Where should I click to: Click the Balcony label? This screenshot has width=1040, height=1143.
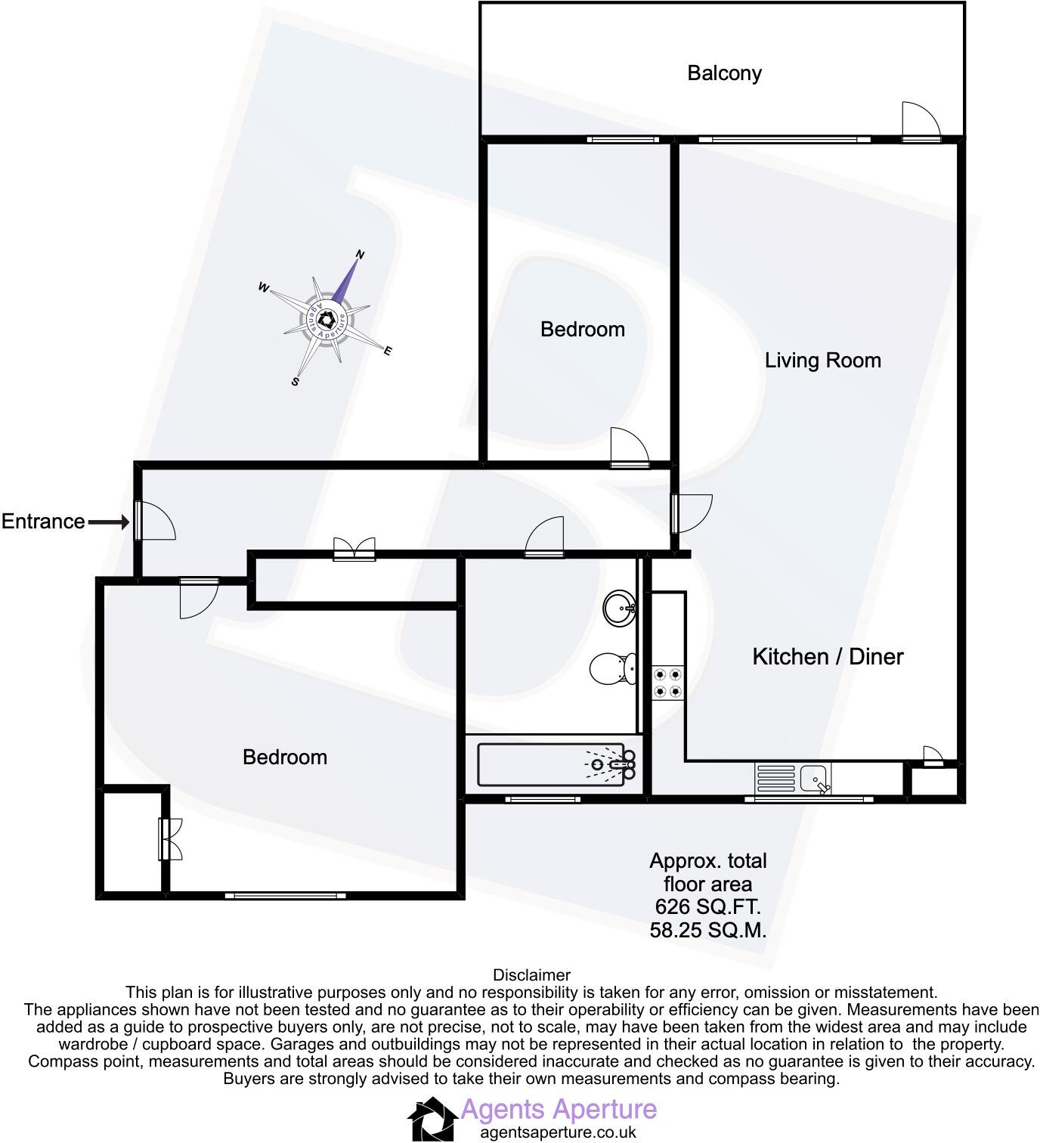724,73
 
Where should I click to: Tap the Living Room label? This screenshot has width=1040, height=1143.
822,360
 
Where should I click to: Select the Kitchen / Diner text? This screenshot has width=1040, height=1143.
828,656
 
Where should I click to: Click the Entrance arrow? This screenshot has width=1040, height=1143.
109,522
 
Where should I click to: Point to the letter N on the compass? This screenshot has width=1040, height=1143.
361,255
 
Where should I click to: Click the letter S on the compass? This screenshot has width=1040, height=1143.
296,382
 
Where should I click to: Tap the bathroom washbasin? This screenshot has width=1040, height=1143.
621,607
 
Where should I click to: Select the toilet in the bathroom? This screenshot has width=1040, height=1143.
607,668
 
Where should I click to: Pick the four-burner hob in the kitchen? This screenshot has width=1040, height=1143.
668,682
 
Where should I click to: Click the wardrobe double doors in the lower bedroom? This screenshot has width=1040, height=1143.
171,839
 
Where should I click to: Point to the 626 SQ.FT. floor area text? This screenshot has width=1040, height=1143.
707,906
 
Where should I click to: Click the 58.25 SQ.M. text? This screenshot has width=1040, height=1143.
707,930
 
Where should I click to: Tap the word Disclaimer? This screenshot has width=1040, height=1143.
531,975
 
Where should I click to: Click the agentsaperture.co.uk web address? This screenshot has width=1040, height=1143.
559,1132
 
